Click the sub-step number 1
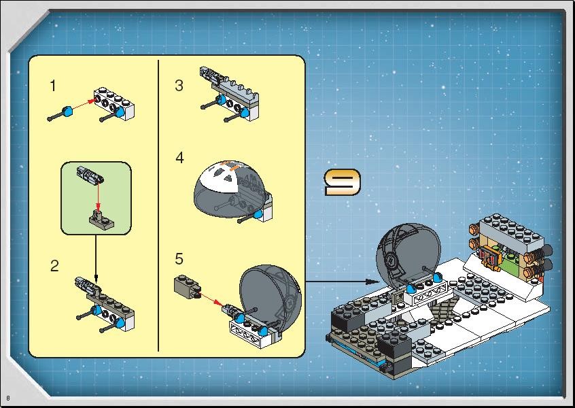pos(53,86)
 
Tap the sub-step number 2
pos(54,266)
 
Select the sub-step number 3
pos(179,86)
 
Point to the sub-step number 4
pos(179,158)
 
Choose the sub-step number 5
pos(179,259)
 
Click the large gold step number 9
pos(343,182)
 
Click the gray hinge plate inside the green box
pos(101,220)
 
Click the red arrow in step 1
pos(84,103)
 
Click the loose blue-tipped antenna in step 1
pos(60,114)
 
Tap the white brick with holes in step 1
pos(114,104)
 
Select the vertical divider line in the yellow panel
pos(158,205)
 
